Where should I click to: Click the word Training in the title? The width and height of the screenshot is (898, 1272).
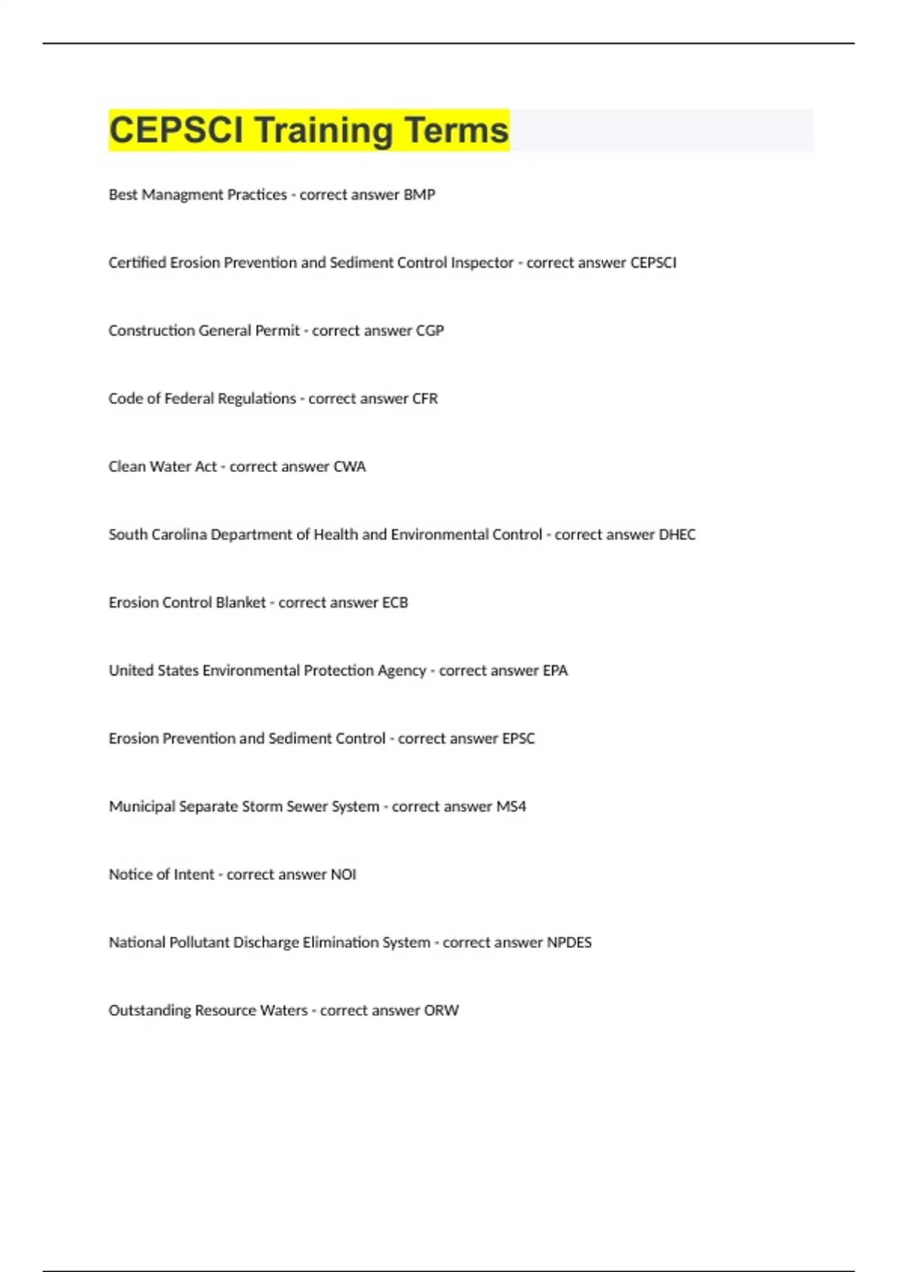pos(323,130)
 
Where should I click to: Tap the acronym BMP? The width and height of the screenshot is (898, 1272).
pos(419,195)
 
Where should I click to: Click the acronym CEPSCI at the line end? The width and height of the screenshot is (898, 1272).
pos(653,263)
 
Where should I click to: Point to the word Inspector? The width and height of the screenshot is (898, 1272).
pos(482,263)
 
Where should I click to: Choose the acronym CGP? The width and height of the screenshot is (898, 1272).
pos(430,331)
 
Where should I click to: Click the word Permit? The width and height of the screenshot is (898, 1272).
pos(278,331)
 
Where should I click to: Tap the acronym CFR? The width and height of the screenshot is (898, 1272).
pos(425,399)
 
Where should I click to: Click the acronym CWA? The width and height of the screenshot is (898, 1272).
pos(349,467)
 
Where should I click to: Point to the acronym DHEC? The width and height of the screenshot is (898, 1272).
pos(676,535)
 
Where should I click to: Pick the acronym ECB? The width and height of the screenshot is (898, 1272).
pos(395,603)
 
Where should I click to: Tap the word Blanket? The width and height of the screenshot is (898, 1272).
pos(240,603)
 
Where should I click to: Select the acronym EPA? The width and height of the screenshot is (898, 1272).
pos(555,671)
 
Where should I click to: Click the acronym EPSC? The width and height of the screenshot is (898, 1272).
pos(518,739)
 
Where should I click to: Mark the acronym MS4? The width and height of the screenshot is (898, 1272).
pos(511,807)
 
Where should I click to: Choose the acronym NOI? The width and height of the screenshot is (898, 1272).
pos(343,875)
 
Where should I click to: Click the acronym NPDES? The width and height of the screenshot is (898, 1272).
pos(569,943)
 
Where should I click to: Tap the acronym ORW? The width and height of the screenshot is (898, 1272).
pos(442,1011)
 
